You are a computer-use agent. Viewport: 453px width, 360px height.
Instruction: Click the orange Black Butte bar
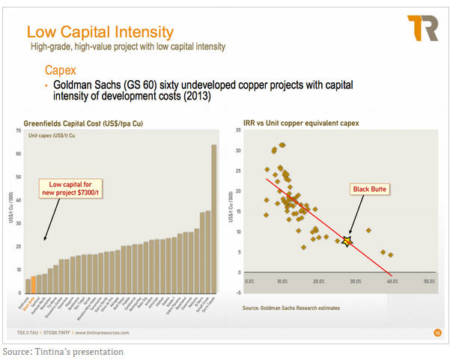(x=34, y=287)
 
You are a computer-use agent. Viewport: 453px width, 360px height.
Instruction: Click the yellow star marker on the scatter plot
(x=347, y=241)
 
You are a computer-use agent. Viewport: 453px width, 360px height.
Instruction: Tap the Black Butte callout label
(x=369, y=189)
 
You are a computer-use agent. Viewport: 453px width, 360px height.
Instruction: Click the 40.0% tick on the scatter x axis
(x=392, y=282)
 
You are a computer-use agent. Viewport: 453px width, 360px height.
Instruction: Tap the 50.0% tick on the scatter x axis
(x=428, y=282)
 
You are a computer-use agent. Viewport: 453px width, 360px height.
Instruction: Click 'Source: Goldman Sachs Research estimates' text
(x=291, y=308)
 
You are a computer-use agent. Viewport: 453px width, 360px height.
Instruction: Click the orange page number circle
(x=437, y=332)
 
